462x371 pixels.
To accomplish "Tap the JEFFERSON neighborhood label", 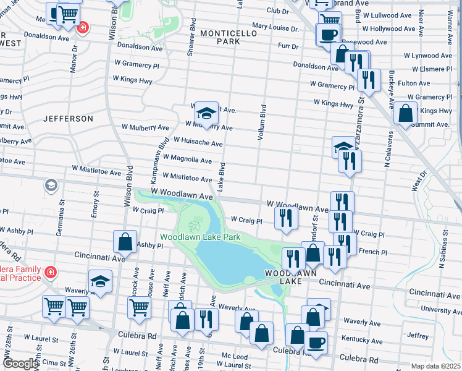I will point(68,118).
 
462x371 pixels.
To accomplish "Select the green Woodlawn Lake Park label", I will point(200,237).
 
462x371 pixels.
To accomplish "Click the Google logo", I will point(20,364).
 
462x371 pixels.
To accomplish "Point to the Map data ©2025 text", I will point(436,366).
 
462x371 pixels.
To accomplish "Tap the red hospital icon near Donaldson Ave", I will point(82,28).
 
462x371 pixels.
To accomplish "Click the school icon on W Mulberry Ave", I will point(206,113).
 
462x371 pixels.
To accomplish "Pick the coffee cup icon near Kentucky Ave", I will point(316,342).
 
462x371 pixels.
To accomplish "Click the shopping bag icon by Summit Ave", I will point(405,113).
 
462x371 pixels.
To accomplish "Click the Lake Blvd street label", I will point(220,176).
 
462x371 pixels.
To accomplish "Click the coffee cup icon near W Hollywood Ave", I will point(328,34).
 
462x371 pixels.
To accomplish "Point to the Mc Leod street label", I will point(235,357).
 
